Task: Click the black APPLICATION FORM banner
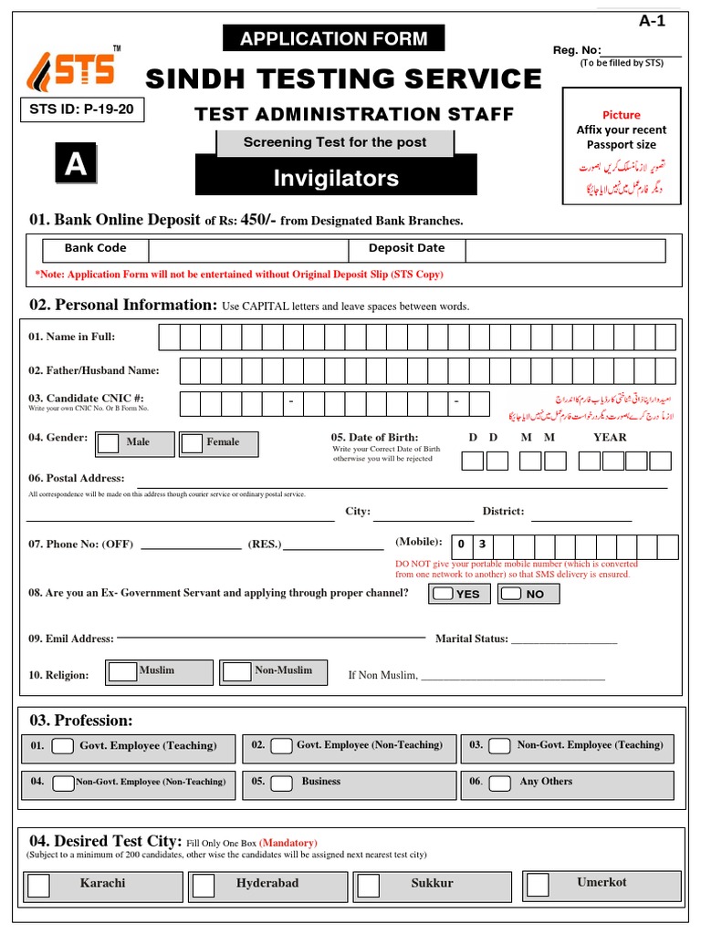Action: pyautogui.click(x=333, y=38)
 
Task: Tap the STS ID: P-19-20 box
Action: pyautogui.click(x=82, y=109)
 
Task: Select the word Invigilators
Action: pyautogui.click(x=336, y=179)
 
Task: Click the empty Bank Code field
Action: pyautogui.click(x=247, y=249)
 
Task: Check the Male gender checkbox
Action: pyautogui.click(x=108, y=443)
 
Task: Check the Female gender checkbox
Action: pyautogui.click(x=192, y=443)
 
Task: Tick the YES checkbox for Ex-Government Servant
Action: pyautogui.click(x=443, y=594)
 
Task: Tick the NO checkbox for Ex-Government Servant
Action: pyautogui.click(x=511, y=594)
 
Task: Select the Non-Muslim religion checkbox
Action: pyautogui.click(x=237, y=672)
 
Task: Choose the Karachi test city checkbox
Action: pyautogui.click(x=39, y=886)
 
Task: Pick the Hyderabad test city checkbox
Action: pyautogui.click(x=204, y=886)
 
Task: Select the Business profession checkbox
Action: pyautogui.click(x=283, y=783)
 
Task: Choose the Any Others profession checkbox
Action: pyautogui.click(x=498, y=783)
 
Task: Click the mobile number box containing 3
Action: pyautogui.click(x=483, y=546)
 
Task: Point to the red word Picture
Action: pyautogui.click(x=621, y=115)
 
